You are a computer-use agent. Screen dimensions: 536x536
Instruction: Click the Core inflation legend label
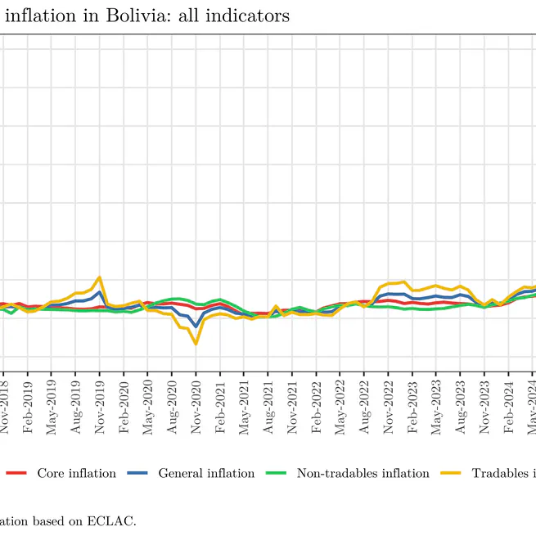[x=76, y=473]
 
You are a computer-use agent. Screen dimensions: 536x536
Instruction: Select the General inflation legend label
[x=206, y=473]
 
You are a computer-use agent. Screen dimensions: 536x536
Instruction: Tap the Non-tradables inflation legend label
[x=363, y=473]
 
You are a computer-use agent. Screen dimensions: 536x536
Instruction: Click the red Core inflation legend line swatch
[x=17, y=473]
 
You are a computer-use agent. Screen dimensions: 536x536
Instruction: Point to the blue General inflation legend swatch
[x=138, y=473]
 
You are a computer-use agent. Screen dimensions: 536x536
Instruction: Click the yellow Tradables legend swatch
[x=452, y=473]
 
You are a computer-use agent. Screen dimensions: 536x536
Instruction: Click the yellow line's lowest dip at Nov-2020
[x=196, y=344]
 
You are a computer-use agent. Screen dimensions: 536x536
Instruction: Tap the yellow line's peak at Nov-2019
[x=100, y=277]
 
